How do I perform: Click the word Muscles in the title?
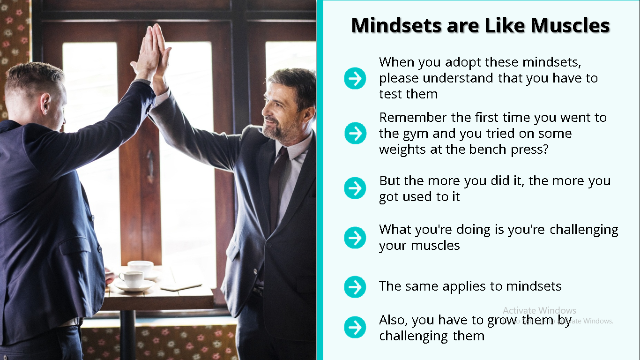click(570, 25)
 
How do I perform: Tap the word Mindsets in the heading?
click(396, 25)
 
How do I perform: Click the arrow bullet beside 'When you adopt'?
click(355, 78)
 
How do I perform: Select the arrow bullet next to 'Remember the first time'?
click(355, 133)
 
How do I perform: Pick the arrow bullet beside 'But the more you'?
click(355, 188)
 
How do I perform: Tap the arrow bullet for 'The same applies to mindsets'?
click(355, 287)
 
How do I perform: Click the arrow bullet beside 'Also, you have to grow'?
click(355, 327)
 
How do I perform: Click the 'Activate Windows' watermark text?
click(539, 310)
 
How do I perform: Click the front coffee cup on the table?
click(132, 279)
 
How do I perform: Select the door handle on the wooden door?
click(150, 166)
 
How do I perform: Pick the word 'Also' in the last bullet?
click(393, 321)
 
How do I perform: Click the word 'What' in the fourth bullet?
click(395, 230)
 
